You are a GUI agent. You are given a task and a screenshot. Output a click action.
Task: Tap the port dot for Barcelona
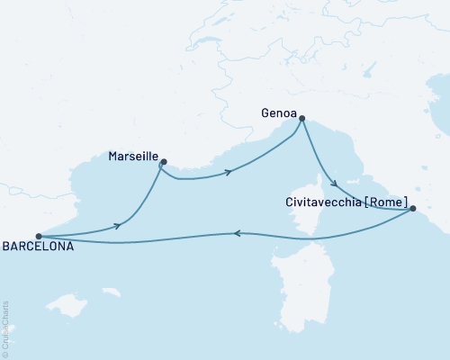(38, 237)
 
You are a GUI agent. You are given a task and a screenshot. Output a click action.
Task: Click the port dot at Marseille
(163, 163)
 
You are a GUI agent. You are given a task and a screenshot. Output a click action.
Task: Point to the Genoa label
(276, 114)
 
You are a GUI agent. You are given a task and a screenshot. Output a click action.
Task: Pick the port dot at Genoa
(301, 118)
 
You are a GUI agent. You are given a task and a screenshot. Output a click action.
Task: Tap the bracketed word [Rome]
(385, 205)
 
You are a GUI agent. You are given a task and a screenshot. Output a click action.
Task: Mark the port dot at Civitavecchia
(412, 210)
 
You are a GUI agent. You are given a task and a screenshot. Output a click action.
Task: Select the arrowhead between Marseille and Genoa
(229, 170)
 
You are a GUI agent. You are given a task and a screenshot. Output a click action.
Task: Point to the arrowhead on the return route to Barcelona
(237, 233)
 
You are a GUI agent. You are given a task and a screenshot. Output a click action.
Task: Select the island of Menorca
(112, 292)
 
